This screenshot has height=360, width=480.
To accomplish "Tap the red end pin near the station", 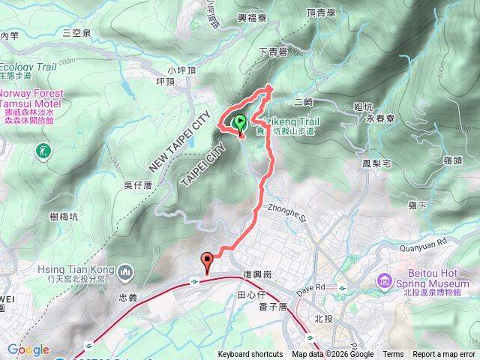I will [207, 262].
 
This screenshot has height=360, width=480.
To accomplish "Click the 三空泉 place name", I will [76, 32].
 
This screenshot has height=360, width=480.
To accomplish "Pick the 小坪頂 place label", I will [181, 70].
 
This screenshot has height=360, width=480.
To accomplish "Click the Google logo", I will [28, 349].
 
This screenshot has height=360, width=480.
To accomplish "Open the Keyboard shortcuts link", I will [250, 355].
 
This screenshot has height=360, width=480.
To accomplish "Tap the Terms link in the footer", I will [393, 355].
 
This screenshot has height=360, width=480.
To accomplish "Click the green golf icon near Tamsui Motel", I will [43, 151].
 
